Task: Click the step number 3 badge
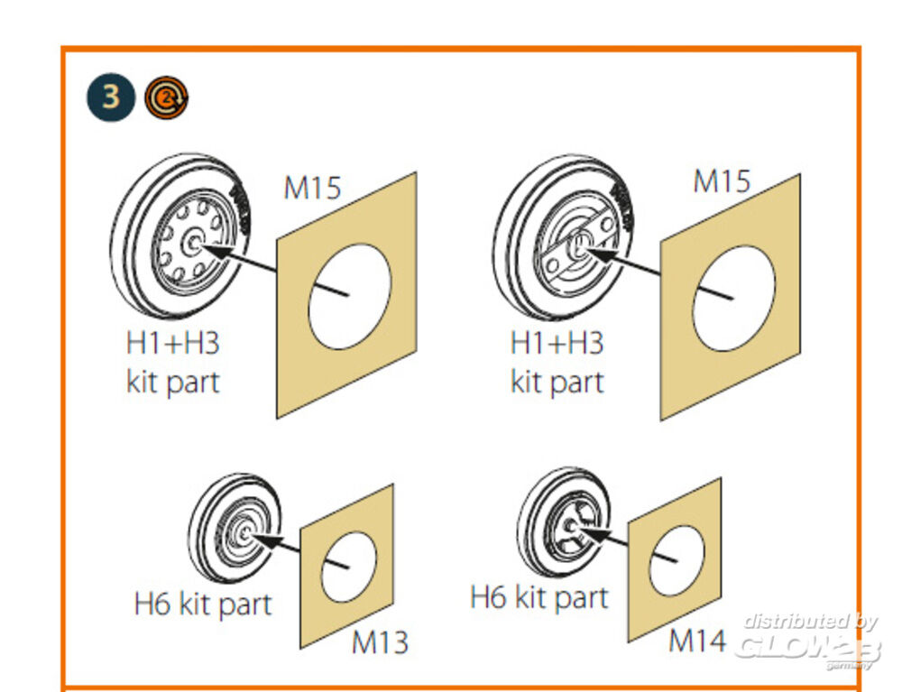[111, 97]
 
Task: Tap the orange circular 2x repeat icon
[166, 97]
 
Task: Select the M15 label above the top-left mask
[312, 188]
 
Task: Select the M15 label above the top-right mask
[722, 181]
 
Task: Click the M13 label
[380, 642]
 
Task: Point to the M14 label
[697, 640]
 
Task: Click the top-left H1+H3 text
[172, 343]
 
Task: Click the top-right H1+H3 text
[557, 343]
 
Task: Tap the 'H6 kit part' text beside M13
[202, 604]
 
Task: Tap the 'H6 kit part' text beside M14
[539, 597]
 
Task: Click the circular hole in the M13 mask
[348, 567]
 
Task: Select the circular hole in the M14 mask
[676, 560]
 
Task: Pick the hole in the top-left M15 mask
[349, 296]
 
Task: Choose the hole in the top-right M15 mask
[733, 299]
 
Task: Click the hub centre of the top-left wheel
[193, 244]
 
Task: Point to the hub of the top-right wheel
[578, 246]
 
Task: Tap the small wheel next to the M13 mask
[235, 528]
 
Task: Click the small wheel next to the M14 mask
[564, 521]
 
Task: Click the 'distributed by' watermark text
[810, 622]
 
